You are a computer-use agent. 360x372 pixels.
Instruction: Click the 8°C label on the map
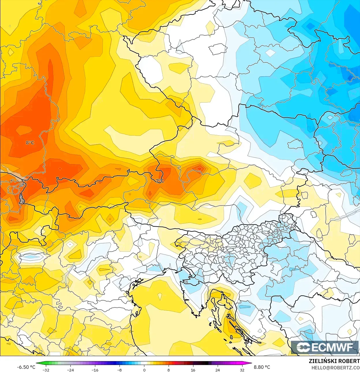pyautogui.click(x=30, y=142)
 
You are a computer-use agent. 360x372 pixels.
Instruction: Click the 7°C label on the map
pyautogui.click(x=160, y=181)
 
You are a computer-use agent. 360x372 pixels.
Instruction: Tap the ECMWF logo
pyautogui.click(x=325, y=347)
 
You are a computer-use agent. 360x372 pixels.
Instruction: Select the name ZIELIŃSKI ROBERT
pyautogui.click(x=334, y=361)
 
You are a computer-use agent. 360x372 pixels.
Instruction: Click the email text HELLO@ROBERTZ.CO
pyautogui.click(x=335, y=368)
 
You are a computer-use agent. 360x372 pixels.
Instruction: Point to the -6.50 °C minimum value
pyautogui.click(x=26, y=367)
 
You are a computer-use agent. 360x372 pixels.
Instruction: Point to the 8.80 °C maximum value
pyautogui.click(x=262, y=367)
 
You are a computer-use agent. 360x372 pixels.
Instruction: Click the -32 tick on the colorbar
pyautogui.click(x=46, y=370)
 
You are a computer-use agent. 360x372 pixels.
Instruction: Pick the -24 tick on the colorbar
pyautogui.click(x=70, y=370)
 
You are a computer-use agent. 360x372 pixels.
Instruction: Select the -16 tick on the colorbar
pyautogui.click(x=95, y=370)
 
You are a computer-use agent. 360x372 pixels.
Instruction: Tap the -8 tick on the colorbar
pyautogui.click(x=120, y=370)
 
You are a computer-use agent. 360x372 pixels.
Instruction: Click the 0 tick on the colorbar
pyautogui.click(x=144, y=370)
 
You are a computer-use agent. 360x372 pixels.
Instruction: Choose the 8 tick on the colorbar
pyautogui.click(x=169, y=370)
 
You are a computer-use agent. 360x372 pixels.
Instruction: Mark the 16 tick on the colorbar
pyautogui.click(x=193, y=370)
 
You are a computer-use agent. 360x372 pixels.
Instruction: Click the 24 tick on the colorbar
pyautogui.click(x=218, y=370)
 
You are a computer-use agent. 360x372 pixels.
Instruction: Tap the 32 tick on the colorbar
pyautogui.click(x=242, y=370)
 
